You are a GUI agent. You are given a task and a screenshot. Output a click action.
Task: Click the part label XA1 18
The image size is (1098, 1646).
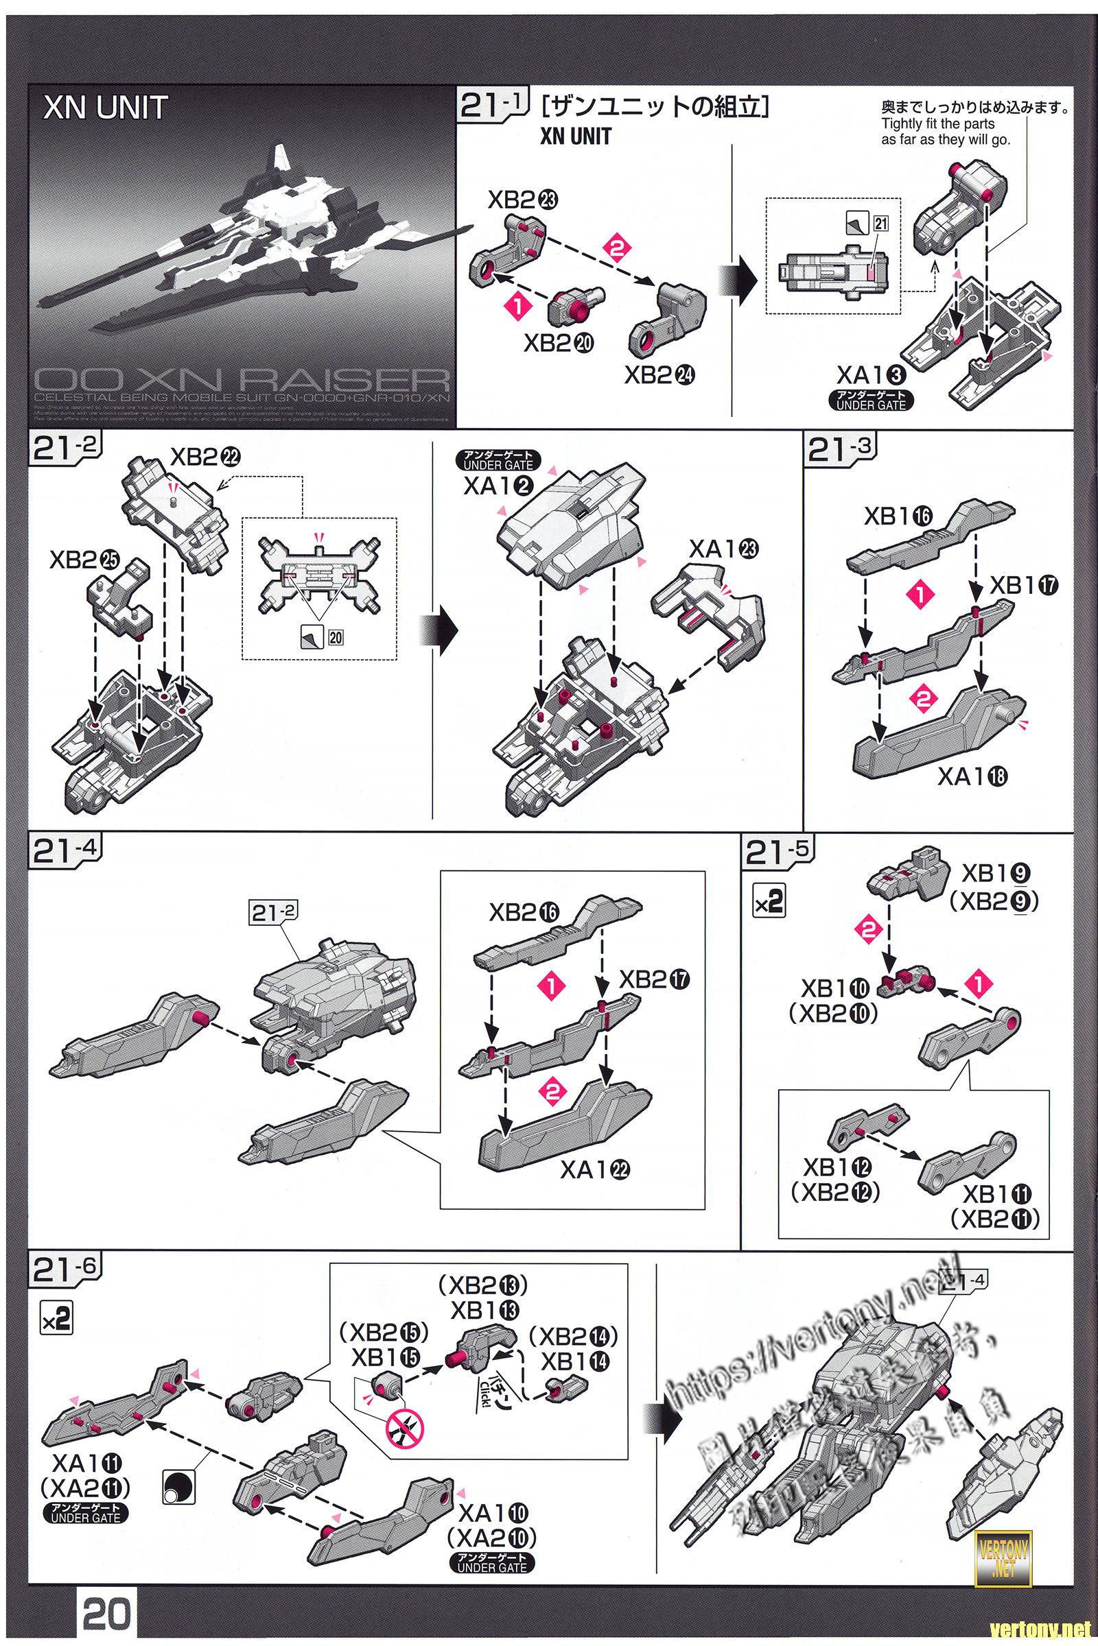972,776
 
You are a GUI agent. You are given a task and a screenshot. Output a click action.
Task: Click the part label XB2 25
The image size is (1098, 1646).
84,560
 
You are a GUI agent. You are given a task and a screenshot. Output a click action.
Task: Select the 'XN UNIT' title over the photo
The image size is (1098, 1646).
105,108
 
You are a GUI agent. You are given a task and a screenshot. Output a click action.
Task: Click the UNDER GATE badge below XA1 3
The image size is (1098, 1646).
871,401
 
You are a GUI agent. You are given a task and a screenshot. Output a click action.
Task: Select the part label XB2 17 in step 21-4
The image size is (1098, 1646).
654,981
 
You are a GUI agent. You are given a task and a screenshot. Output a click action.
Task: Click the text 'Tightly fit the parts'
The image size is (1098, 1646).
937,125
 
